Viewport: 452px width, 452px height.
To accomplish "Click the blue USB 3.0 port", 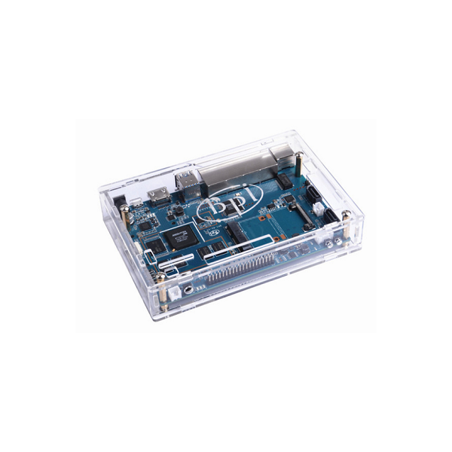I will tap(185, 183).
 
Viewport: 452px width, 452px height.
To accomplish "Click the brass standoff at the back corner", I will tap(298, 162).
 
